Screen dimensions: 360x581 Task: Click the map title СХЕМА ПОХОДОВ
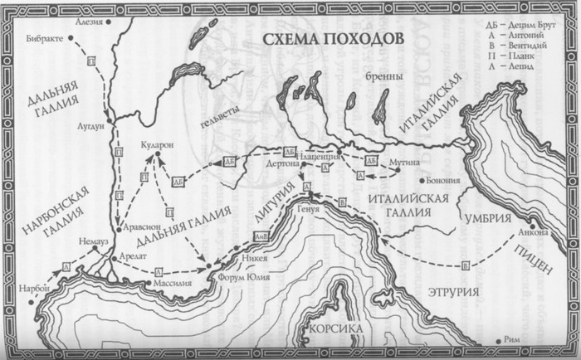point(330,40)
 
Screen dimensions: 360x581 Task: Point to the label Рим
point(517,338)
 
